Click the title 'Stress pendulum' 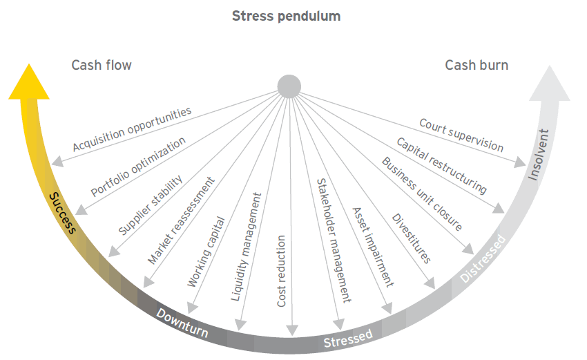(296, 15)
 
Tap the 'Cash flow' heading (101, 66)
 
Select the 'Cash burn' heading (477, 66)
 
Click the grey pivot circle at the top (289, 86)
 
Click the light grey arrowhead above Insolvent (550, 82)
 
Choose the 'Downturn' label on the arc (182, 323)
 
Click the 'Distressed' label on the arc (484, 259)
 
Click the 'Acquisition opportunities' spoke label (132, 129)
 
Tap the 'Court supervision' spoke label (461, 135)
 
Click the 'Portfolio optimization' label (138, 167)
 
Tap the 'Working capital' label (206, 252)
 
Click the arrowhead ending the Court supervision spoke (521, 162)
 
